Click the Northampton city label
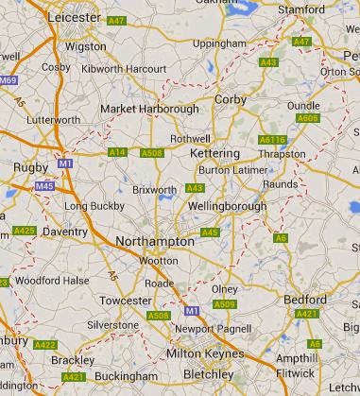(154, 241)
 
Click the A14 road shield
(117, 152)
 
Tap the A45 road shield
(210, 232)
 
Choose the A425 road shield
(25, 231)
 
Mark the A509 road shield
(224, 304)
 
